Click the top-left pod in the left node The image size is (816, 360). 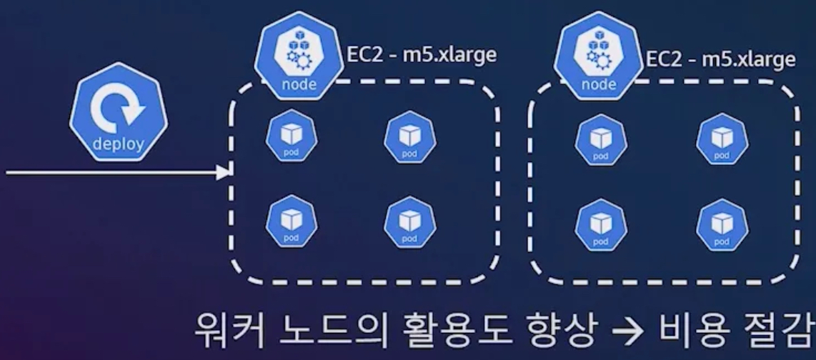coord(291,137)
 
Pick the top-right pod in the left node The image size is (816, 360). coord(409,137)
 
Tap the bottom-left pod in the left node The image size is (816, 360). coord(291,221)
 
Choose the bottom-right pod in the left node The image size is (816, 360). coord(409,221)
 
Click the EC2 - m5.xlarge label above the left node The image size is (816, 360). coord(422,55)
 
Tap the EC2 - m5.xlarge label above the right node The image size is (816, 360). coord(720,58)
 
